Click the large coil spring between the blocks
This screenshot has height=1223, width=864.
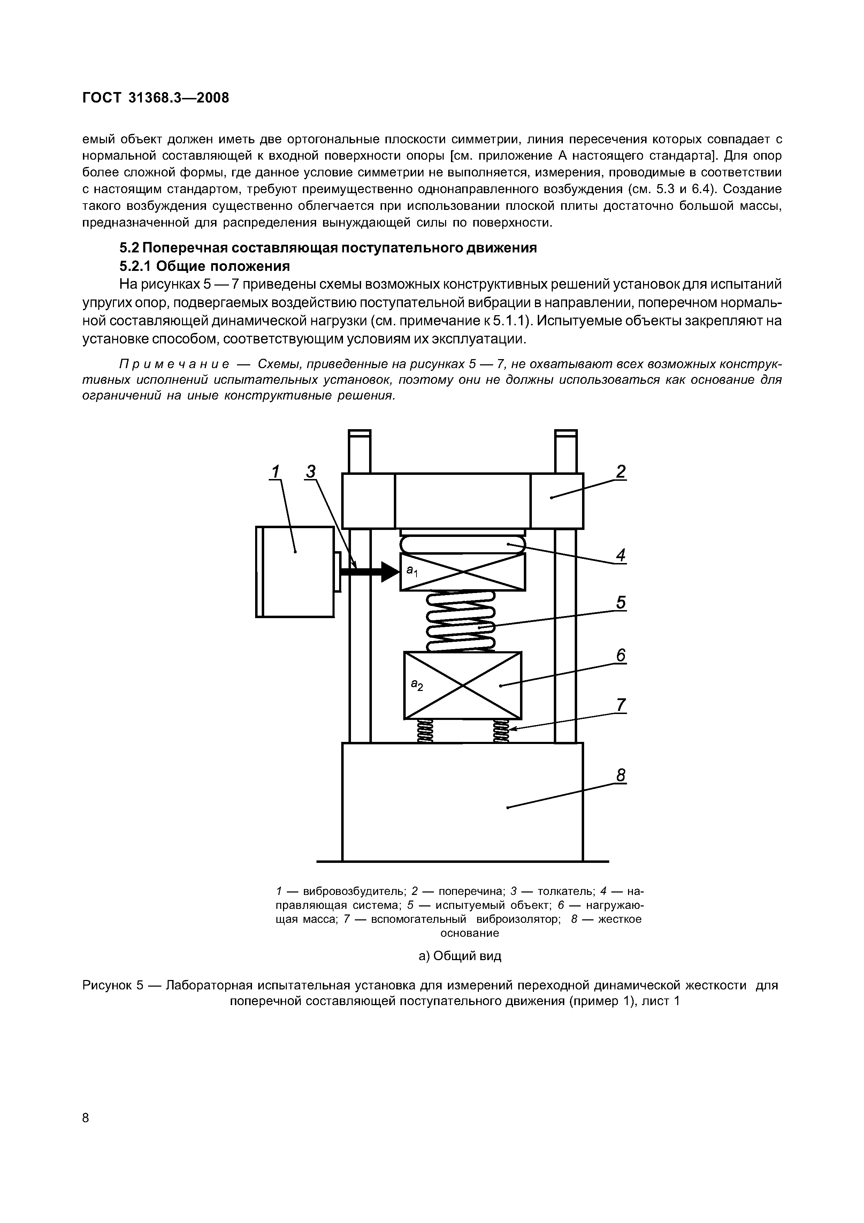point(461,621)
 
